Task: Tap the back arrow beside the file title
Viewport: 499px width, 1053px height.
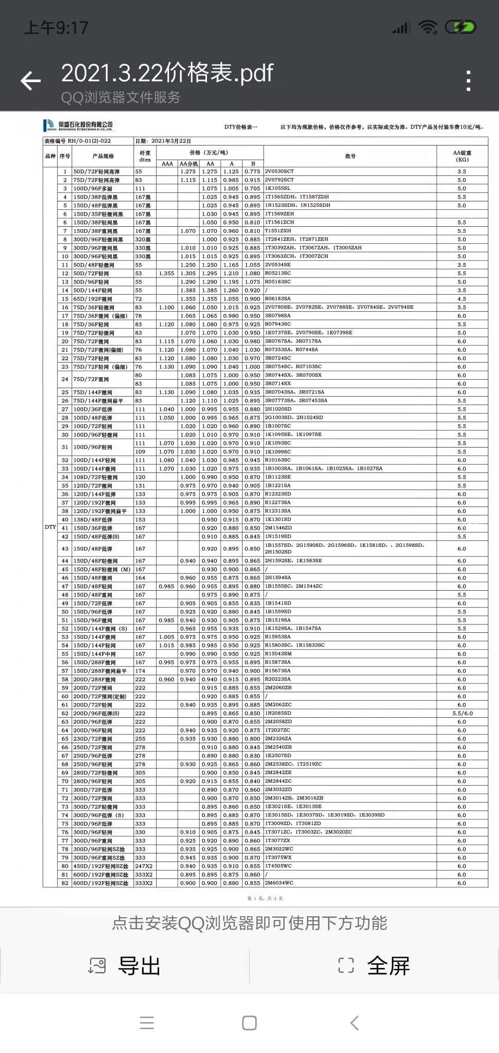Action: pos(31,81)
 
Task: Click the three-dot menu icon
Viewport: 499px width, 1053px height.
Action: pos(469,81)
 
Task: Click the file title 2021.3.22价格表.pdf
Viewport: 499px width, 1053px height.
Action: pos(167,73)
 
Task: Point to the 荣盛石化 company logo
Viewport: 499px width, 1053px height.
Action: pos(78,126)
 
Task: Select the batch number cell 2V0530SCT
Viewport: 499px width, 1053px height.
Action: pos(280,171)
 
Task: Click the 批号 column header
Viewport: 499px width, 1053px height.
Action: pos(350,156)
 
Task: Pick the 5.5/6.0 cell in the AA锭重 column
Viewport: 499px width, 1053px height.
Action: pos(462,713)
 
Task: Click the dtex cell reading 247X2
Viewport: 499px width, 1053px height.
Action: pos(144,866)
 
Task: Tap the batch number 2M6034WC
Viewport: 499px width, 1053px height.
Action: pos(279,883)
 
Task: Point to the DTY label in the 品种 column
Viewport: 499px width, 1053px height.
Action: pos(50,527)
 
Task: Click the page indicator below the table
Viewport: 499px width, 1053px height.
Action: pos(265,898)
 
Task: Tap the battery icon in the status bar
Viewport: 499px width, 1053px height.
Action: pos(460,28)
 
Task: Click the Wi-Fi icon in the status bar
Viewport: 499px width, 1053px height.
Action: pos(428,28)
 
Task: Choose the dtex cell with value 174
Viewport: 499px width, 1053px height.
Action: pos(140,671)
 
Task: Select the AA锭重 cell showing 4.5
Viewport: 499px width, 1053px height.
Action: pos(462,299)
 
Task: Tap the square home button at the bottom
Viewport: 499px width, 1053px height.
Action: pos(249,1023)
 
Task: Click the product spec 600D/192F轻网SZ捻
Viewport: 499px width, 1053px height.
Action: pos(101,883)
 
